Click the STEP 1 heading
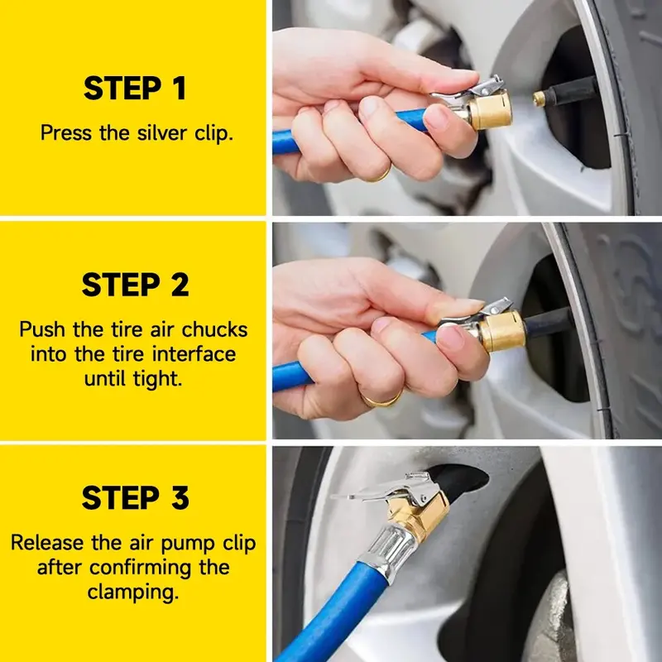point(135,88)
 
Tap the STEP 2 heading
point(135,285)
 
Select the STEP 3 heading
point(135,498)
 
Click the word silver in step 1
point(161,133)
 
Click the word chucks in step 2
point(214,329)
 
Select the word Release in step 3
point(47,543)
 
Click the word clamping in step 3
point(133,592)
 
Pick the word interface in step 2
point(194,354)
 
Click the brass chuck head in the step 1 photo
point(490,110)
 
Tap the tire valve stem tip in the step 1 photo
point(539,98)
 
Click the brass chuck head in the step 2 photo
point(502,331)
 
